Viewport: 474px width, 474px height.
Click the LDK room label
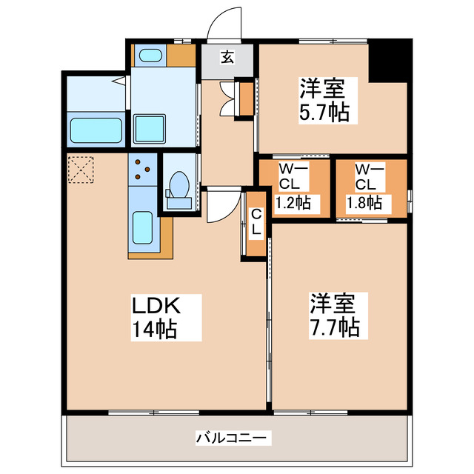(x=156, y=305)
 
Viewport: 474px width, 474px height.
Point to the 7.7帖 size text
(x=333, y=326)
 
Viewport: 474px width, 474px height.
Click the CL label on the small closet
(x=256, y=223)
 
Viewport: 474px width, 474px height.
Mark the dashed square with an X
(x=79, y=168)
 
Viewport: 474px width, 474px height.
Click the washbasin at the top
(x=150, y=56)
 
